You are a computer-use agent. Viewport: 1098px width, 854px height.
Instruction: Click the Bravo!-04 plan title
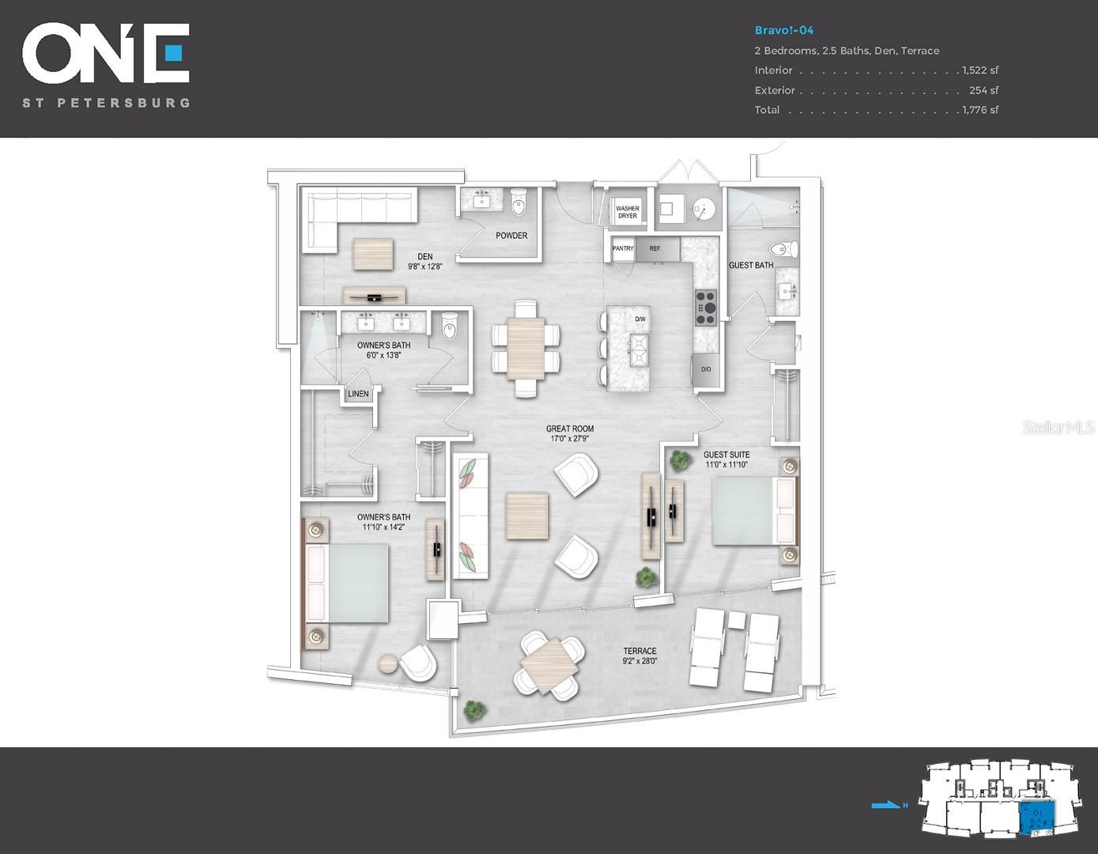pos(783,31)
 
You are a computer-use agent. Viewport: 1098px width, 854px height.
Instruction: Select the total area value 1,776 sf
pos(980,110)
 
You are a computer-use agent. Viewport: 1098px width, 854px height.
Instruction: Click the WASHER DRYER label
pos(627,212)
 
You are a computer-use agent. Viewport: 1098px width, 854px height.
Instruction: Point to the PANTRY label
pos(623,248)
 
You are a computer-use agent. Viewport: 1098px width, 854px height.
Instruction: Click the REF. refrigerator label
pos(655,248)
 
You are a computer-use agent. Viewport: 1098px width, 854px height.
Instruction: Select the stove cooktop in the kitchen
pos(705,308)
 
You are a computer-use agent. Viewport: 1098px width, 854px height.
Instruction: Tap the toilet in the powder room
pos(519,202)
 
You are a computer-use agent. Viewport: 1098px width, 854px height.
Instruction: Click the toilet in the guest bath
pos(785,250)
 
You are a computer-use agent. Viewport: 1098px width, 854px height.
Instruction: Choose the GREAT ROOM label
pos(570,429)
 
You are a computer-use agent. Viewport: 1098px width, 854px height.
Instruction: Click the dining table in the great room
pos(526,348)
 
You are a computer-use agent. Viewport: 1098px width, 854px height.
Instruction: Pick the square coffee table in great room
pos(527,516)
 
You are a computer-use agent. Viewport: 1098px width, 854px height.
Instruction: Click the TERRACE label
pos(640,651)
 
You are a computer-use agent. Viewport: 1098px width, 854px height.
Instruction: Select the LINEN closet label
pos(358,394)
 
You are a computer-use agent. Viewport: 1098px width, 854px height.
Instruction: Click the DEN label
pos(425,256)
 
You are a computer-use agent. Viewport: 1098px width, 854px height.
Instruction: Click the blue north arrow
pos(886,805)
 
